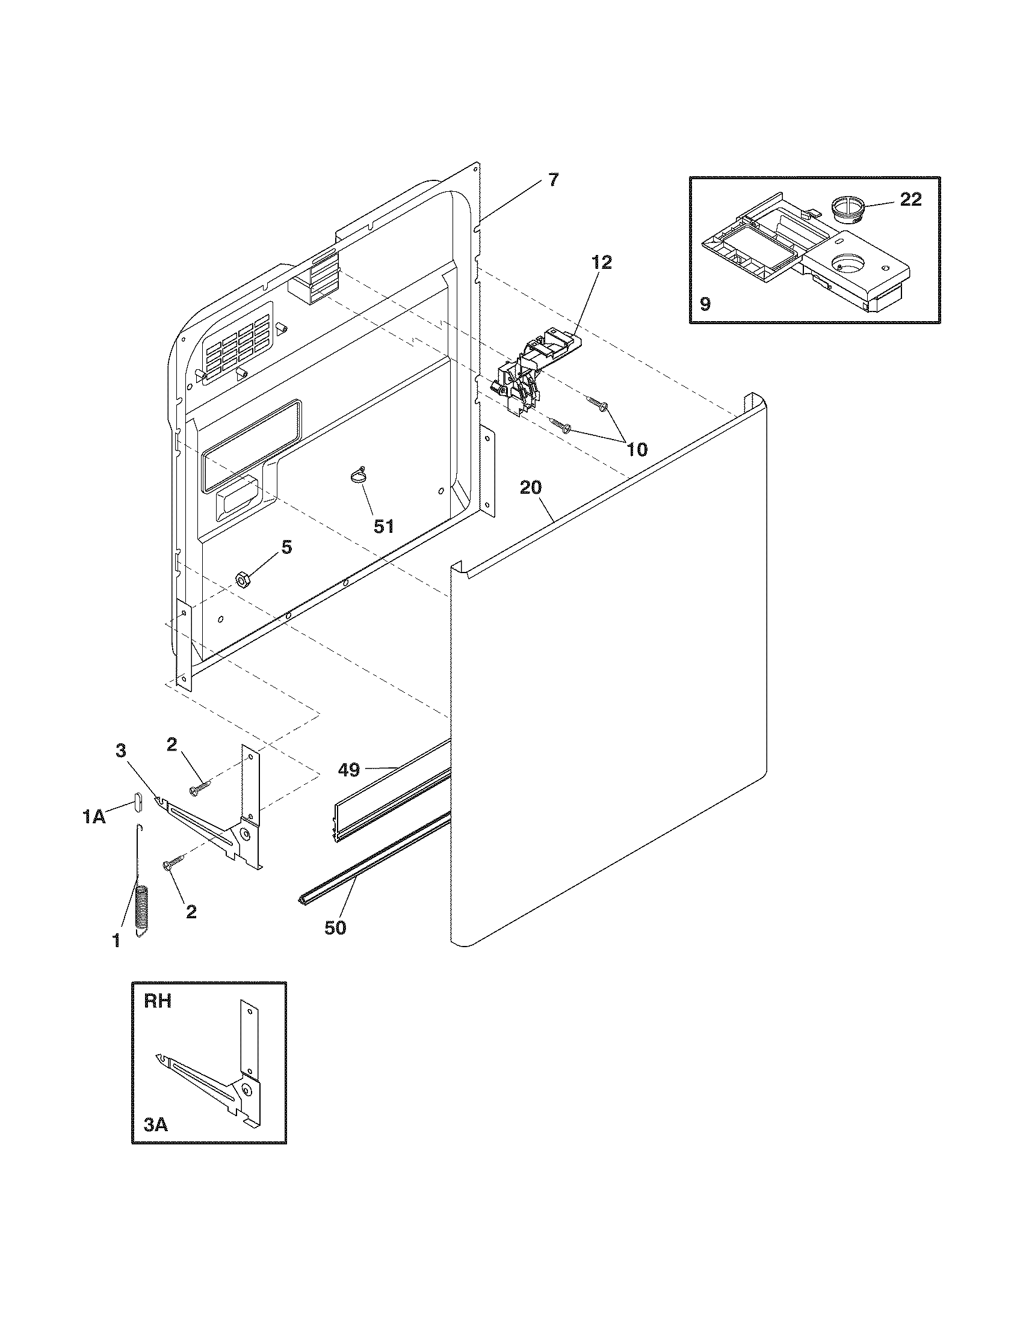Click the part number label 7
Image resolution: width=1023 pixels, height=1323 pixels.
[554, 180]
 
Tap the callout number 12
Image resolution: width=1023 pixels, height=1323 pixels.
[602, 262]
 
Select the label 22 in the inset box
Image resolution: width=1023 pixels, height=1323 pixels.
[910, 199]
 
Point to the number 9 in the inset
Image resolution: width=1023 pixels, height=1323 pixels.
[705, 304]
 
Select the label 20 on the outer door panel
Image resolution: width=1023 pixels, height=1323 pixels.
[531, 488]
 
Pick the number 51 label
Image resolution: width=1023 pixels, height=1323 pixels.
[384, 526]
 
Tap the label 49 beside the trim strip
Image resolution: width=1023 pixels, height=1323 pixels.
[349, 770]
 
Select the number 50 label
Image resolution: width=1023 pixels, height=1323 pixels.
[335, 927]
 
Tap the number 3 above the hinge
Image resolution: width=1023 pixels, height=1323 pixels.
[121, 751]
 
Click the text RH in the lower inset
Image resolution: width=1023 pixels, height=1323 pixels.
[158, 1001]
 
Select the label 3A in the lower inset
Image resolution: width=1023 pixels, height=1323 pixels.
[155, 1125]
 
